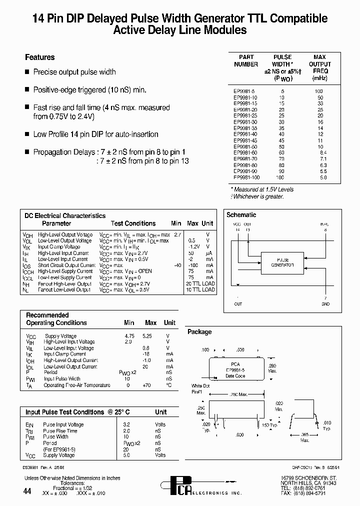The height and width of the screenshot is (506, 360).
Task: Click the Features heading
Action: (40, 57)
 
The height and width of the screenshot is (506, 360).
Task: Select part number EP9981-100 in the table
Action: (246, 177)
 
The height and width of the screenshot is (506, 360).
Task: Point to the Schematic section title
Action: (241, 215)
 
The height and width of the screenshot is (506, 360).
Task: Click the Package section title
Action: (199, 332)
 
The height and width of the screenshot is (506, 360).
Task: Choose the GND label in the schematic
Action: (325, 303)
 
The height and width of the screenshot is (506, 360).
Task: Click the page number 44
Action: (27, 491)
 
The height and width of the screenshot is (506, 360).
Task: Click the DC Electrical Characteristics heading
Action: (65, 216)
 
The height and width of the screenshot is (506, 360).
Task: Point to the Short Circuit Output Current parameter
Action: (65, 265)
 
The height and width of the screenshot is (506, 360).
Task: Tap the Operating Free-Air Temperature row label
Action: (76, 385)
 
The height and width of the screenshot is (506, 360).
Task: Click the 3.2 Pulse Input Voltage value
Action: (127, 424)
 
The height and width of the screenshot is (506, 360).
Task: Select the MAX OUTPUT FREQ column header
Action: (319, 67)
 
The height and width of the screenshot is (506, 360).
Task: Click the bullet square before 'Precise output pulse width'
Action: (27, 72)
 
